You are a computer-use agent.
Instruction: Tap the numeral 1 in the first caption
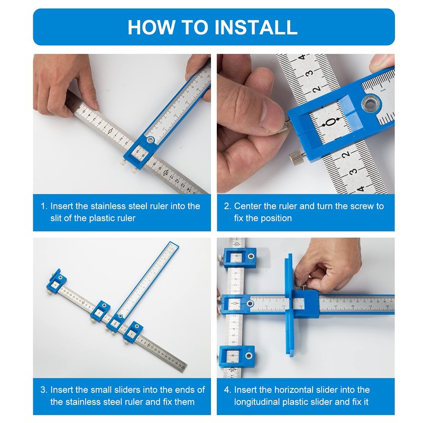click(x=44, y=206)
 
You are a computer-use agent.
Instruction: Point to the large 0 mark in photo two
click(x=332, y=122)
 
